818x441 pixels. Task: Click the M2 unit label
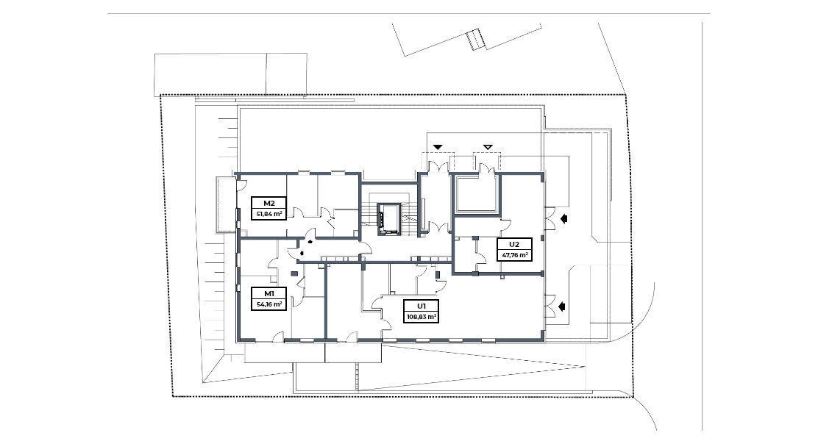point(268,204)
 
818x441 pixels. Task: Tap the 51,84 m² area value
point(268,214)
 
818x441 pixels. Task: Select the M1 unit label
point(268,293)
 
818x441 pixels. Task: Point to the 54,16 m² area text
point(268,304)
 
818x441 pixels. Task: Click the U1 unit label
point(422,306)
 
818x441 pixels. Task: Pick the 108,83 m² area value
point(422,317)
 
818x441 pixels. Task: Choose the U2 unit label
point(514,244)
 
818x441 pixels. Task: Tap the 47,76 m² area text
point(514,256)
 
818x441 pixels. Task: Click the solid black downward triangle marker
point(438,147)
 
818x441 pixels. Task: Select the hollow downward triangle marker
point(488,147)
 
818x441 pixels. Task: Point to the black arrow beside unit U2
point(563,219)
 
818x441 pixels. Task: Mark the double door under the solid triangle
point(438,167)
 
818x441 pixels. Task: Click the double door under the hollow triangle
point(487,168)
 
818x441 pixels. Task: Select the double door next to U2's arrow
point(550,218)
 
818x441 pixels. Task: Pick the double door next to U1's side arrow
point(550,306)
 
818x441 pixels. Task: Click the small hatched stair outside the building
point(475,40)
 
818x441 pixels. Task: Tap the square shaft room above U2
point(476,194)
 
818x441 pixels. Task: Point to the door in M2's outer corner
point(241,184)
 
